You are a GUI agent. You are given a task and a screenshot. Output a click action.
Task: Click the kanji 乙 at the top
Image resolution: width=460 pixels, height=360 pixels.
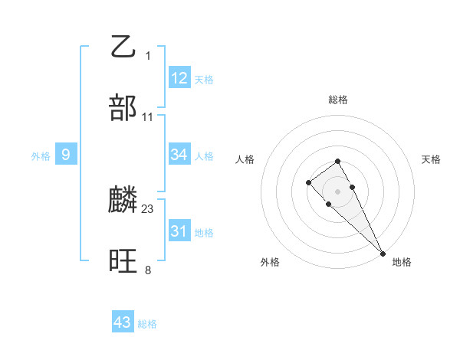(123, 47)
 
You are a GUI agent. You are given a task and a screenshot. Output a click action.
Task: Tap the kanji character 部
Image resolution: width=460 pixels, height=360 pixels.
(123, 108)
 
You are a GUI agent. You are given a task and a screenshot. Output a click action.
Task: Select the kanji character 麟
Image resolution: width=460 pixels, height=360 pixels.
(123, 201)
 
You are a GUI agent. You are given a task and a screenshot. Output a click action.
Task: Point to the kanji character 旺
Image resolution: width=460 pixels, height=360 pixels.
(123, 262)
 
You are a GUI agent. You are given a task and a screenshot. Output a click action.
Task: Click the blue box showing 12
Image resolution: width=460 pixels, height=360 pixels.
(179, 77)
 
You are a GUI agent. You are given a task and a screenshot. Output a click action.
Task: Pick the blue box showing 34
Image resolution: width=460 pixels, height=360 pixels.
(179, 155)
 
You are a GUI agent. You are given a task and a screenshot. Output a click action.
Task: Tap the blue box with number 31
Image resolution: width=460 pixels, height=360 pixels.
(179, 231)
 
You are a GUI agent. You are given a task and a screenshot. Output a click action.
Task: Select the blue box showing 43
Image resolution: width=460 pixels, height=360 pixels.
(123, 322)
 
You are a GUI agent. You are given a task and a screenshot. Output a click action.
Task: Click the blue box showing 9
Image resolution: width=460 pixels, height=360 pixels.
(66, 155)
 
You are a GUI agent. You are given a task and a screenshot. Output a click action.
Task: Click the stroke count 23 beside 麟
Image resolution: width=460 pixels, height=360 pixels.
(148, 208)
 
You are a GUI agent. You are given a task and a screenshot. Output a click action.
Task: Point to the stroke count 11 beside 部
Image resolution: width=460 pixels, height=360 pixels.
(148, 116)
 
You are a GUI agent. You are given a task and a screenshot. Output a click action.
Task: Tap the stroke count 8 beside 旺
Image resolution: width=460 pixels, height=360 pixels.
(148, 270)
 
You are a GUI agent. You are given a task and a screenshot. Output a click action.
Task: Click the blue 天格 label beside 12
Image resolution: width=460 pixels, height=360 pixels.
(204, 79)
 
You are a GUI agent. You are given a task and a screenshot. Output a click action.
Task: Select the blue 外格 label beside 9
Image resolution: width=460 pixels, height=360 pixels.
(41, 156)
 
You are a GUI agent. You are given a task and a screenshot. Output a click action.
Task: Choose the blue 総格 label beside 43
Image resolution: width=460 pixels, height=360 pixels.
(147, 324)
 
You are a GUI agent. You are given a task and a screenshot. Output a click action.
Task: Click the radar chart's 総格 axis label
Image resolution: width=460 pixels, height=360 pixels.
(337, 100)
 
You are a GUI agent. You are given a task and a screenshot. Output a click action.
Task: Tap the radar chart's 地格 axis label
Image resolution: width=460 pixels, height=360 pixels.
(402, 262)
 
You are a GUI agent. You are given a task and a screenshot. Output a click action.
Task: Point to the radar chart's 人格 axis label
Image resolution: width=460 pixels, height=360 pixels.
(246, 159)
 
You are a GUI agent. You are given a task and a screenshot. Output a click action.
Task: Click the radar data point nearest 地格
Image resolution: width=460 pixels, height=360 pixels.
(383, 254)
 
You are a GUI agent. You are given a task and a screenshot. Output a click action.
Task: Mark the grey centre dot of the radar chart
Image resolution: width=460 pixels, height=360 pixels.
(337, 191)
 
